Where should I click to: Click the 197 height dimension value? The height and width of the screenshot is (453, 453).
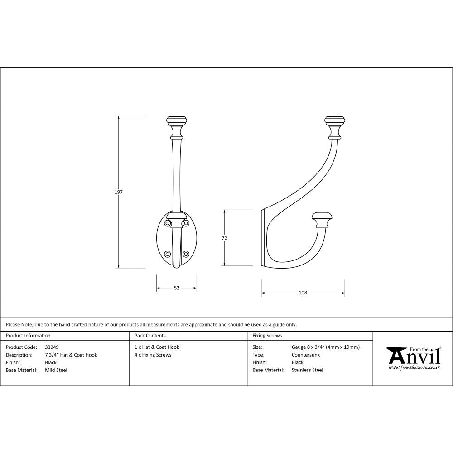pos(118,192)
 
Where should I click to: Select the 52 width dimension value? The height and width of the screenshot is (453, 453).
pos(177,288)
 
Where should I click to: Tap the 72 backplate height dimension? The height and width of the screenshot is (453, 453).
pos(224,238)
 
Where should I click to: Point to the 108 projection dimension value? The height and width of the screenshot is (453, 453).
pos(303,293)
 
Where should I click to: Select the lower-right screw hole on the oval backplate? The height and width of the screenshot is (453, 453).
pos(186,254)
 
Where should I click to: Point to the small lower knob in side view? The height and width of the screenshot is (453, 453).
pos(322,218)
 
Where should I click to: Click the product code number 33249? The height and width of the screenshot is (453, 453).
pos(52,347)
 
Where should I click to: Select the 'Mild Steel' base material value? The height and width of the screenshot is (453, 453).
pos(56,370)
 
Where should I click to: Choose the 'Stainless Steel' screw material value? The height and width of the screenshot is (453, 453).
pos(307,370)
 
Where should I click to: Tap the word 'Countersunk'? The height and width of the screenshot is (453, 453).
pos(305,355)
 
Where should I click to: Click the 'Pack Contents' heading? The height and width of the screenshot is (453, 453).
pos(150,336)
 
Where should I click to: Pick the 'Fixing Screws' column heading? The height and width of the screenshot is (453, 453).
pos(267,336)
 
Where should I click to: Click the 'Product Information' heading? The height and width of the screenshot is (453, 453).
pos(28,336)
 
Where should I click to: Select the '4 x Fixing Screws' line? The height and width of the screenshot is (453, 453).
pos(153,355)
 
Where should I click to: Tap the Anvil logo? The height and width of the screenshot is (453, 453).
pos(413,356)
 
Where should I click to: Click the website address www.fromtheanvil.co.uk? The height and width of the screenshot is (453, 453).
pos(414,368)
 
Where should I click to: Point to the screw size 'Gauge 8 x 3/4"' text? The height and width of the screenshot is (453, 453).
pos(326,347)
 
